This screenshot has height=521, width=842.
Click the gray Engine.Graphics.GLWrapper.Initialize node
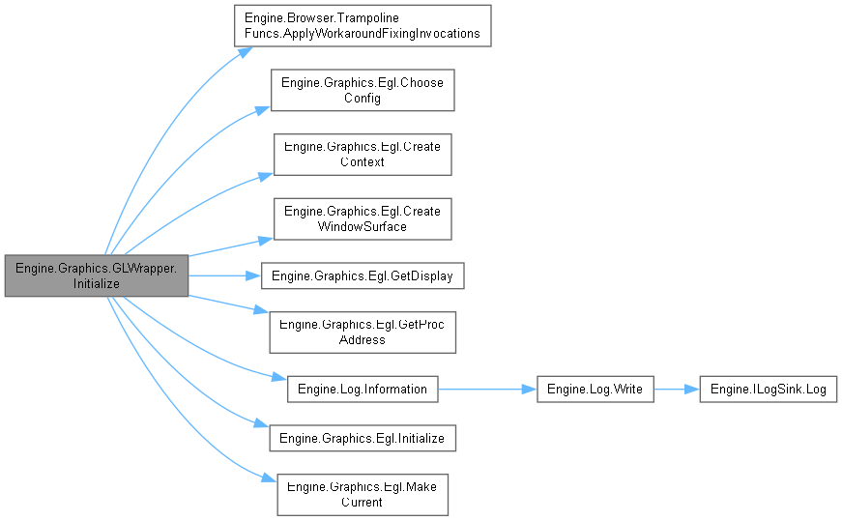(97, 276)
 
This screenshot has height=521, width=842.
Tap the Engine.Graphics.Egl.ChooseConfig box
(363, 90)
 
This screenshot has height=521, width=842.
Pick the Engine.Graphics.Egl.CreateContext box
(363, 155)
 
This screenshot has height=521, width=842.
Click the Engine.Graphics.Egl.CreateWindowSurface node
(363, 218)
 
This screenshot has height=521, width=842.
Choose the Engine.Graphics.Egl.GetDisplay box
(363, 275)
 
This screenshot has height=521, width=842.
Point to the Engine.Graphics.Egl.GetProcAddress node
(363, 332)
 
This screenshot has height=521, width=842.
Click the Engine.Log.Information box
(363, 389)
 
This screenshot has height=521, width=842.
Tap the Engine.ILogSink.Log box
(768, 389)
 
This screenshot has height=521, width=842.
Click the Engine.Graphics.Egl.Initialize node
(363, 438)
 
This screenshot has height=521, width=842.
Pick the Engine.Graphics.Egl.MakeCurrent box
(363, 494)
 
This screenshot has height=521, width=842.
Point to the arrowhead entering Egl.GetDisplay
(254, 275)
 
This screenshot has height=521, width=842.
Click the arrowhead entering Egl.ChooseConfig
(265, 108)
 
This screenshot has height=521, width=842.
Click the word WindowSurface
(363, 226)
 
